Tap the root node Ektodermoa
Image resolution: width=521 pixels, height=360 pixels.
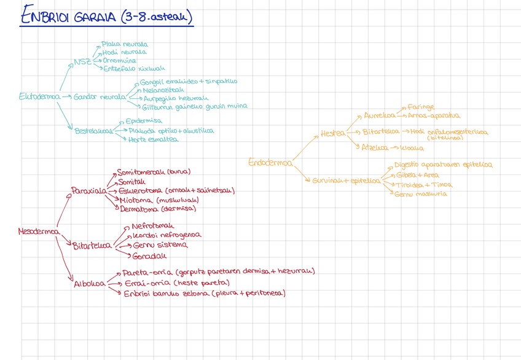pos(39,96)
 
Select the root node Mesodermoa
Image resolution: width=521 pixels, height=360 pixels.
pos(39,232)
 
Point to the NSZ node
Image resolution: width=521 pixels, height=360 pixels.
pos(82,61)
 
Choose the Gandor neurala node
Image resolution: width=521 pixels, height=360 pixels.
pos(100,97)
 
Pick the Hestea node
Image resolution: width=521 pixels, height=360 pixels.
pos(332,133)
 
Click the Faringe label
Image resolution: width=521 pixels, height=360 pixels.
pos(421,107)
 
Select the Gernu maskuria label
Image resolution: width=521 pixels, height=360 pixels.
pos(421,194)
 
